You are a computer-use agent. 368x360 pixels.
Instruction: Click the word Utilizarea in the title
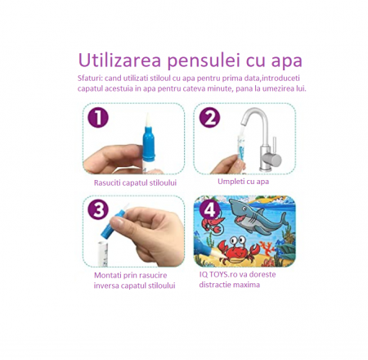(x=119, y=61)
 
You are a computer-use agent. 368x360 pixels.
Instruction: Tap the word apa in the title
(x=286, y=62)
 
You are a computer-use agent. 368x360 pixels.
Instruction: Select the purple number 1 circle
(x=98, y=118)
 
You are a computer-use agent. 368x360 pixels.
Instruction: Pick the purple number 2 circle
(x=209, y=118)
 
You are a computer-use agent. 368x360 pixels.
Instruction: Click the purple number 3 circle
(x=98, y=210)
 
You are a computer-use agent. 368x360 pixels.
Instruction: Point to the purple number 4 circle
(x=209, y=210)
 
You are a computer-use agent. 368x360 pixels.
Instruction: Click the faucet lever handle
(x=275, y=145)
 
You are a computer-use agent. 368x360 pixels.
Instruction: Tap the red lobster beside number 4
(x=213, y=224)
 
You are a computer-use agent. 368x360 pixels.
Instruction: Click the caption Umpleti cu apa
(x=243, y=182)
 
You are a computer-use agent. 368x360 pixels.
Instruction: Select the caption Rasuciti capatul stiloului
(x=135, y=182)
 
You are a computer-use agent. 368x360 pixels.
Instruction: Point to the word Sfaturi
(x=90, y=79)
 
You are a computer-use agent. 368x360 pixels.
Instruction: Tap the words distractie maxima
(x=229, y=285)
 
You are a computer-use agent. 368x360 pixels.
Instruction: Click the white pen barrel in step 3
(x=103, y=254)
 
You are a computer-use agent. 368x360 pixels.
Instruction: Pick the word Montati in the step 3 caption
(x=108, y=275)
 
